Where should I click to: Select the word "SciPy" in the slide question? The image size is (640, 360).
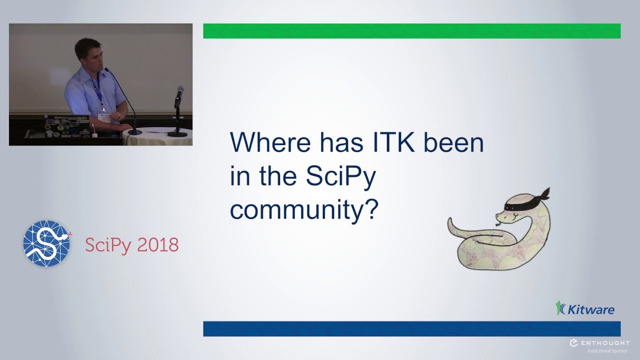tap(340, 176)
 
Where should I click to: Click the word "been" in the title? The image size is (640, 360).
tap(453, 142)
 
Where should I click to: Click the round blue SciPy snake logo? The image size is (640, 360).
tap(46, 243)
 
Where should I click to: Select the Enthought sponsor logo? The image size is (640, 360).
tap(599, 343)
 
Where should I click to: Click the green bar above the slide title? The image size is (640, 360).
tap(411, 31)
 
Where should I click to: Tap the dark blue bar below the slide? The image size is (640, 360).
tap(411, 328)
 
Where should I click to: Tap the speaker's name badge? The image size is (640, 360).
tap(104, 116)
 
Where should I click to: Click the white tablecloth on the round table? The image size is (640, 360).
tap(157, 137)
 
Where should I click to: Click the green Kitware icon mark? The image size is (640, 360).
tap(561, 308)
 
